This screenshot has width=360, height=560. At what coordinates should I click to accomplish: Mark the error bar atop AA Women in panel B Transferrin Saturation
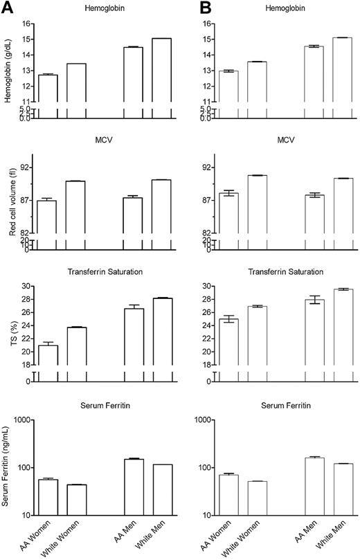(227, 319)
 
